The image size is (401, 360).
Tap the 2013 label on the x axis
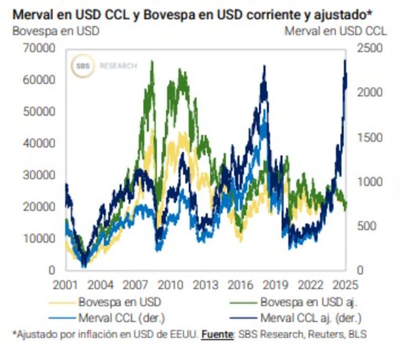pyautogui.click(x=206, y=285)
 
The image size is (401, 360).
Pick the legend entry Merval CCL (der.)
pyautogui.click(x=121, y=318)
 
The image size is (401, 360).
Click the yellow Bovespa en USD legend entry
pyautogui.click(x=120, y=302)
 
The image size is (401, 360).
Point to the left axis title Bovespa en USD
pyautogui.click(x=55, y=31)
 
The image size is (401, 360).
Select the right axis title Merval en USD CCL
pyautogui.click(x=336, y=31)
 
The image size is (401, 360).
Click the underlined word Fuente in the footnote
pyautogui.click(x=217, y=334)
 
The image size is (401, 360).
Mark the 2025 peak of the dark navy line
pyautogui.click(x=345, y=61)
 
